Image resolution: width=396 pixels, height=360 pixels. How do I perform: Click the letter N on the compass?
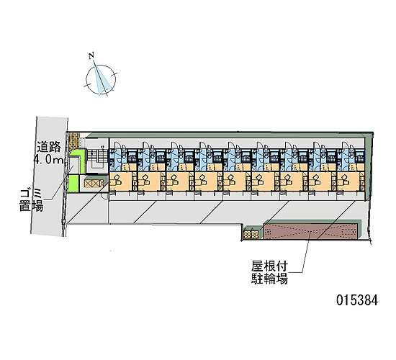click(92, 55)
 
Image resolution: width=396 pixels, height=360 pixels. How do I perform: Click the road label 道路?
click(49, 147)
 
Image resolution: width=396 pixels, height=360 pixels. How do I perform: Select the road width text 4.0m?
click(48, 160)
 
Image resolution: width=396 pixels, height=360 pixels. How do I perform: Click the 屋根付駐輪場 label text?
click(269, 273)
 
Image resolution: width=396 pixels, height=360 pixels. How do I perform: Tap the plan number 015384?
click(357, 300)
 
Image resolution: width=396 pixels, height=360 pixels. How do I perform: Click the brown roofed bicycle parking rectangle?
click(310, 231)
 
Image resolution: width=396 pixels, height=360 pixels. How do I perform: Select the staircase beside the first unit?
click(96, 157)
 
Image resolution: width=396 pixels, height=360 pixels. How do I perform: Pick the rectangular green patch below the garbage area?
click(73, 183)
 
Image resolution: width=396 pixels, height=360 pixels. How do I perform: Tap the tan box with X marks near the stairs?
click(94, 183)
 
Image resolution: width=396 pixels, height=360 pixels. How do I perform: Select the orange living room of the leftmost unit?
click(121, 181)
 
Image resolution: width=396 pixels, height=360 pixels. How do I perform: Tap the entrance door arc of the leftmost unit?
click(118, 145)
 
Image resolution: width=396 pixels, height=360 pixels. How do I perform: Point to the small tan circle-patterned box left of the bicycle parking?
click(251, 234)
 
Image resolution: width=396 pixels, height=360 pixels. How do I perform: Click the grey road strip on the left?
click(49, 176)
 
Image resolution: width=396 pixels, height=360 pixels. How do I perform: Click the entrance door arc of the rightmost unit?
click(346, 145)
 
